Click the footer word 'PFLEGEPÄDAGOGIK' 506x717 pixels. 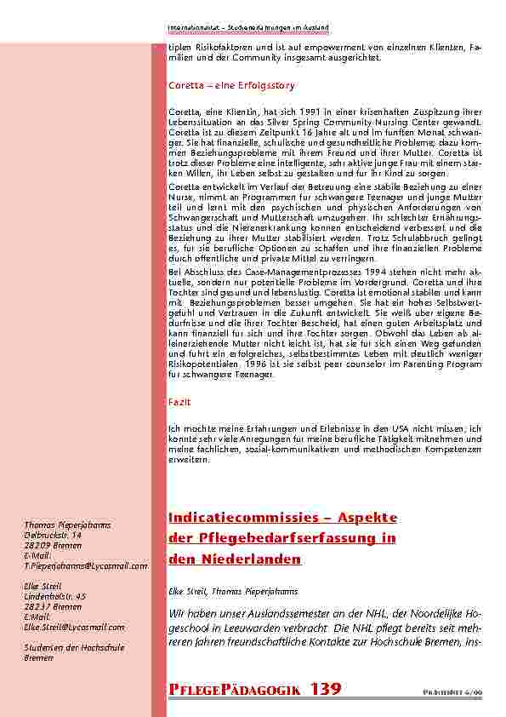(234, 688)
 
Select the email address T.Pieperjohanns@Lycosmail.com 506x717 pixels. (86, 565)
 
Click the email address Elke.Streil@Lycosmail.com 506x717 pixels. (74, 627)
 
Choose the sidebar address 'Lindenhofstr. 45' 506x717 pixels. (55, 596)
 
